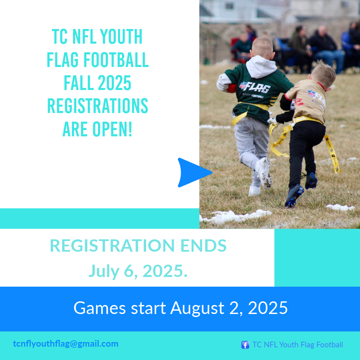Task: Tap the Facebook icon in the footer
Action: pyautogui.click(x=245, y=345)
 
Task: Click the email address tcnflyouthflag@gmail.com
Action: pyautogui.click(x=66, y=344)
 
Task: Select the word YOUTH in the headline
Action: pyautogui.click(x=121, y=37)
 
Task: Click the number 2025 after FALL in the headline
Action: pyautogui.click(x=114, y=83)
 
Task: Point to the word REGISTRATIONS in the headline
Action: pyautogui.click(x=98, y=106)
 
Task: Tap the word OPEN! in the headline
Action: pyautogui.click(x=112, y=129)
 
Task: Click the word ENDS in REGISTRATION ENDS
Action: pyautogui.click(x=203, y=245)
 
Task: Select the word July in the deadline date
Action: pyautogui.click(x=104, y=271)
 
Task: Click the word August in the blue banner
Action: pyautogui.click(x=197, y=308)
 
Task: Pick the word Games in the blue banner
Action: pyautogui.click(x=100, y=308)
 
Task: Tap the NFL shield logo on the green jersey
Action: pyautogui.click(x=243, y=85)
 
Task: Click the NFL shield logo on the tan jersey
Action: pyautogui.click(x=311, y=93)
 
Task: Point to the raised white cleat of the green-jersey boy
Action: pyautogui.click(x=264, y=173)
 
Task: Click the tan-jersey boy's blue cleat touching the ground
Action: pyautogui.click(x=294, y=196)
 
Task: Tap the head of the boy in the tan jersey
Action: pyautogui.click(x=323, y=73)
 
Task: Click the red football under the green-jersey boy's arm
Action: pyautogui.click(x=232, y=88)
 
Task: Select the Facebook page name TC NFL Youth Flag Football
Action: pyautogui.click(x=298, y=345)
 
